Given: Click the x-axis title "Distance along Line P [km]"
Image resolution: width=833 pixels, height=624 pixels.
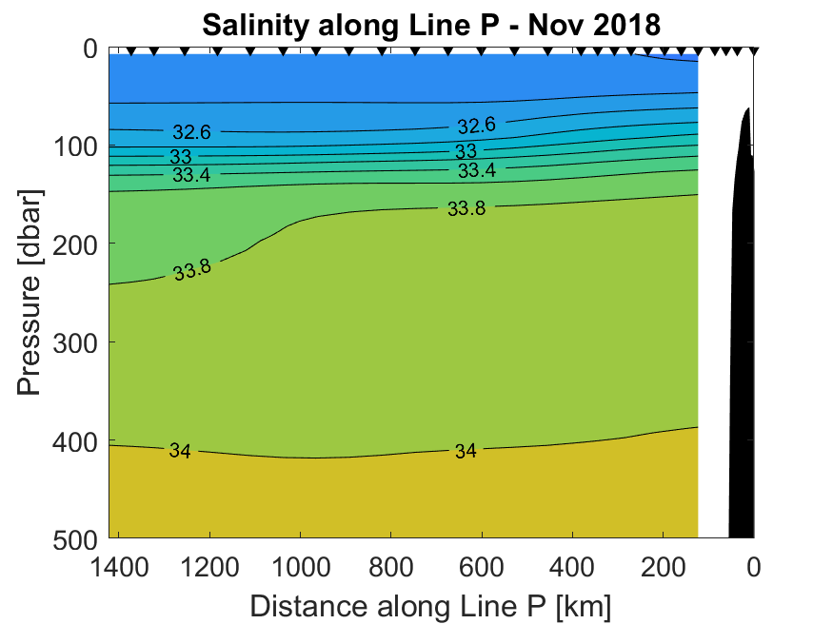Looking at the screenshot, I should [x=430, y=605].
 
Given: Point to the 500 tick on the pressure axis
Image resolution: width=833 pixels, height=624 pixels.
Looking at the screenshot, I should [x=75, y=537].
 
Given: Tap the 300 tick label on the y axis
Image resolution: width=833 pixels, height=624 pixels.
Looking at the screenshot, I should [x=75, y=341].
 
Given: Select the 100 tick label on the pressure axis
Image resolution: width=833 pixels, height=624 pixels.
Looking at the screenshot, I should [x=75, y=146].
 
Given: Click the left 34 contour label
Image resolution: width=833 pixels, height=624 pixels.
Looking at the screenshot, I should [x=180, y=451].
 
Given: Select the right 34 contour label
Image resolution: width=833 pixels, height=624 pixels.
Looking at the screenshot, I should [x=465, y=451].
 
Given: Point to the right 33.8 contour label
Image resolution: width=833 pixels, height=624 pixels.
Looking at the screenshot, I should [x=466, y=209].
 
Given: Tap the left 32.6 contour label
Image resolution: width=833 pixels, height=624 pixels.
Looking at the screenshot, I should [x=191, y=132].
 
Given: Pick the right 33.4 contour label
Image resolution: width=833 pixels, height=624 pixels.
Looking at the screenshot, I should [x=476, y=171].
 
